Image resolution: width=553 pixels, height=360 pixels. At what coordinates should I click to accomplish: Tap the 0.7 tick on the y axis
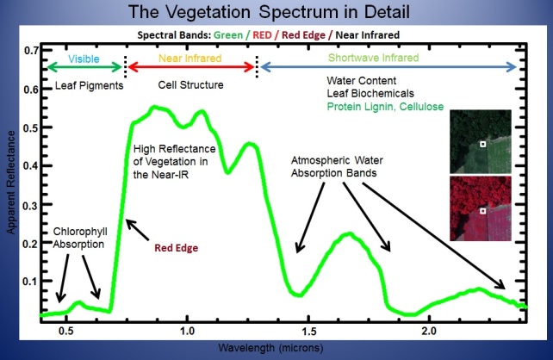tap(25, 51)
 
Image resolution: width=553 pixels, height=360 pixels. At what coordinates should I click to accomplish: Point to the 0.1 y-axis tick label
tap(25, 282)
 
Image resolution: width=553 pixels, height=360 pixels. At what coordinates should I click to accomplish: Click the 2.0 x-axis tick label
tap(428, 331)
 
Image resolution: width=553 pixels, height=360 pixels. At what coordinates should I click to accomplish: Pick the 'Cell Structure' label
tap(191, 85)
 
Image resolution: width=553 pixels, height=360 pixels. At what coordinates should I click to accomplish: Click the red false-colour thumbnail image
tap(480, 207)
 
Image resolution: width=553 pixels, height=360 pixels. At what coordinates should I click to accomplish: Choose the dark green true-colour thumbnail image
tap(480, 142)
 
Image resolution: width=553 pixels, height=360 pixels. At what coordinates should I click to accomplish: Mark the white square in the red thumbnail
tap(483, 210)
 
